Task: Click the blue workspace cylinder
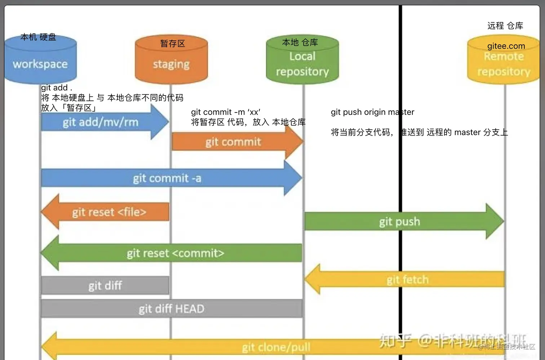tap(40, 63)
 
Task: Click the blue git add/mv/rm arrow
tap(101, 122)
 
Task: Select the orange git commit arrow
tap(234, 142)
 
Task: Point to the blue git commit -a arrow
tap(167, 178)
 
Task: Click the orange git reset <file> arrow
tap(109, 212)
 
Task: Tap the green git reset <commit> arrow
tap(175, 253)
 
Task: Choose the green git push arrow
tap(399, 221)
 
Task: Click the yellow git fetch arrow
tap(407, 280)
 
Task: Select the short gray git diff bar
tap(105, 286)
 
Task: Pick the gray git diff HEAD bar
tap(172, 309)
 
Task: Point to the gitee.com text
tap(506, 46)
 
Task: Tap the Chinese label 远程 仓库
tap(505, 26)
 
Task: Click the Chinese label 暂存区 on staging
tap(172, 44)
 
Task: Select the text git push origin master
tap(372, 112)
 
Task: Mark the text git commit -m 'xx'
tap(226, 112)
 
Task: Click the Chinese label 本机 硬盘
tap(38, 37)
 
